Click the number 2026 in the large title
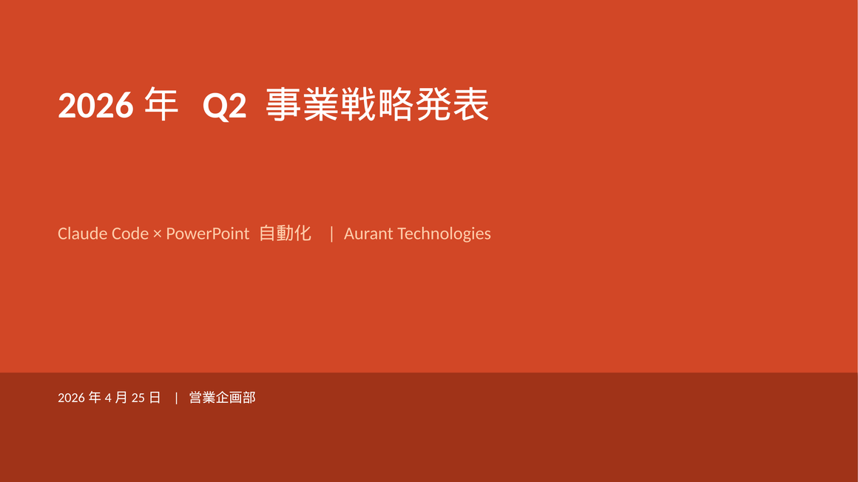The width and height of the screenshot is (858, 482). [95, 106]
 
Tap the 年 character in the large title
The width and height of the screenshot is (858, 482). [161, 105]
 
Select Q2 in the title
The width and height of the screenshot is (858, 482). [224, 106]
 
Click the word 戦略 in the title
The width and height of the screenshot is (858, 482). [376, 105]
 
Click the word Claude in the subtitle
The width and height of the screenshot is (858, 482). [82, 234]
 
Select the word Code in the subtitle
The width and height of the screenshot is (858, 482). [129, 234]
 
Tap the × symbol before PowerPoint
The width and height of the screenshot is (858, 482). [157, 234]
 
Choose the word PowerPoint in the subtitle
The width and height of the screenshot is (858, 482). [208, 234]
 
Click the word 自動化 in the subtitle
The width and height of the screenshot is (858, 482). [285, 234]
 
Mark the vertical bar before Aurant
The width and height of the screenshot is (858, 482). [331, 234]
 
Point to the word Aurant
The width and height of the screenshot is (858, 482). [368, 234]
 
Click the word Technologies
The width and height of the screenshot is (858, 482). [444, 234]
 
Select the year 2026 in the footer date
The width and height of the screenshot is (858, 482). [71, 398]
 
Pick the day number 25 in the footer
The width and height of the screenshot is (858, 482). [138, 398]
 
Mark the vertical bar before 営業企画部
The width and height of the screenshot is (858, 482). [177, 398]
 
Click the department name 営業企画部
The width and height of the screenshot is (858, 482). [222, 398]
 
